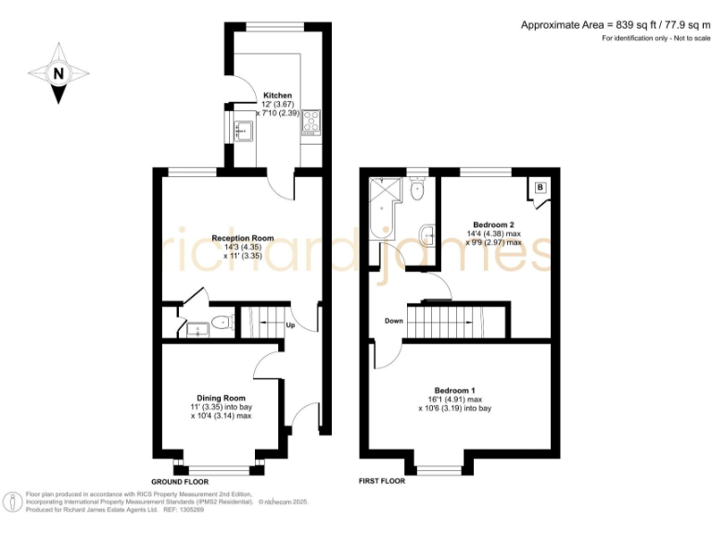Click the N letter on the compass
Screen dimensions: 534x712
point(58,73)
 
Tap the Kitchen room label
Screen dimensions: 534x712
point(277,95)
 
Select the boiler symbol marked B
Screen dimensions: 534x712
point(540,189)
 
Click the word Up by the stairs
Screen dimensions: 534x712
point(290,325)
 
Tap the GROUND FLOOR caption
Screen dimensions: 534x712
point(180,482)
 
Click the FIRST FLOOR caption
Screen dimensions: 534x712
point(382,482)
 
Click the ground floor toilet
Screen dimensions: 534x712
point(218,324)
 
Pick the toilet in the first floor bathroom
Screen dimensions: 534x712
point(418,192)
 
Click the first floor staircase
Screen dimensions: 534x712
point(447,323)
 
